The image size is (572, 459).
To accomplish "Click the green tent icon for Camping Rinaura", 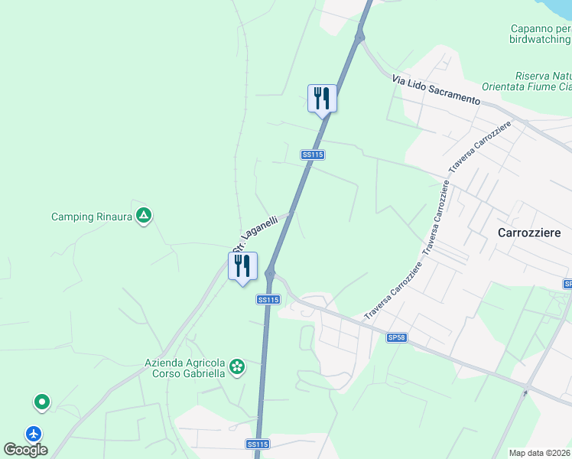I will coord(143,216).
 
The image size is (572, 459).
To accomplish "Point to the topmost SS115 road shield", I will coord(314,155).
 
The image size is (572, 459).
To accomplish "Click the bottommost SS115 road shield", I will coord(258,444).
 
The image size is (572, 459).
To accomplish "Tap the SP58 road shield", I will coord(396,337).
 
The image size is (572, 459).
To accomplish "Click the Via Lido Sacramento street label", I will coord(435,90).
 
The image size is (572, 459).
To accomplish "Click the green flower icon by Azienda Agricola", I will coord(238,368).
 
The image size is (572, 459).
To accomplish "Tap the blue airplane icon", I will coord(34,433).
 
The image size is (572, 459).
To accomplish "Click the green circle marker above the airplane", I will coord(41,402).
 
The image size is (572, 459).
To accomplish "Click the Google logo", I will coord(25,450).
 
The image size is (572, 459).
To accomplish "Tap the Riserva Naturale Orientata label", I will coord(543,81).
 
